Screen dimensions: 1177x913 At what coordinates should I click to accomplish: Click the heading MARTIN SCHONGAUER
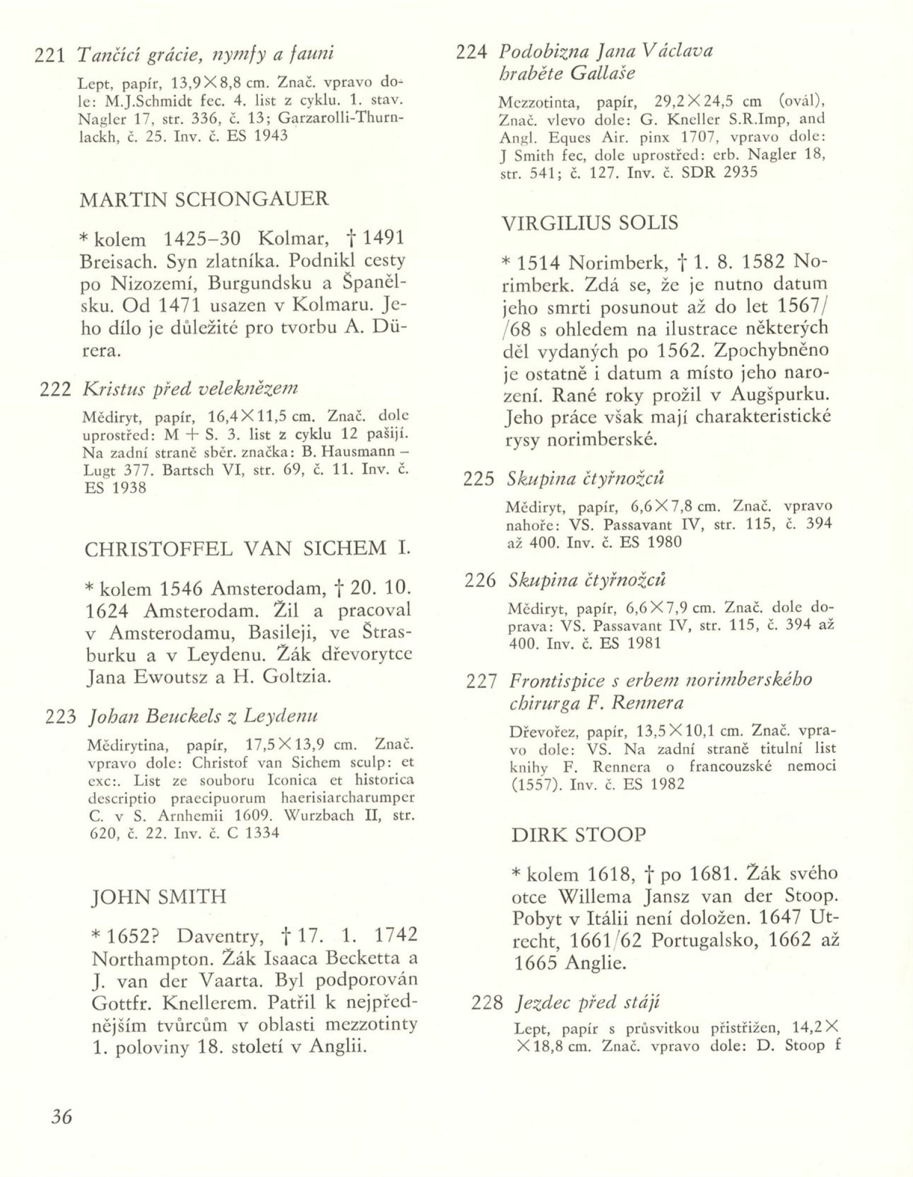coord(204,199)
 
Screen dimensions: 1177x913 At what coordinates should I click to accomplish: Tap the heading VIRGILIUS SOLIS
coord(590,222)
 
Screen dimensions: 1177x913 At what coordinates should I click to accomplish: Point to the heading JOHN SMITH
coord(159,897)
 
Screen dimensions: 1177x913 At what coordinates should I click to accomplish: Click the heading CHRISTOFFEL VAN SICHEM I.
coord(248,549)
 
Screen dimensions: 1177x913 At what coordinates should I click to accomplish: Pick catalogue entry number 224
coord(471,52)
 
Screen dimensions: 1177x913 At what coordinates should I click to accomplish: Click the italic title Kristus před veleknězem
coord(191,388)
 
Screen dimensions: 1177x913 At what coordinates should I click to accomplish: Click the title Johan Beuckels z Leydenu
coord(203,716)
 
